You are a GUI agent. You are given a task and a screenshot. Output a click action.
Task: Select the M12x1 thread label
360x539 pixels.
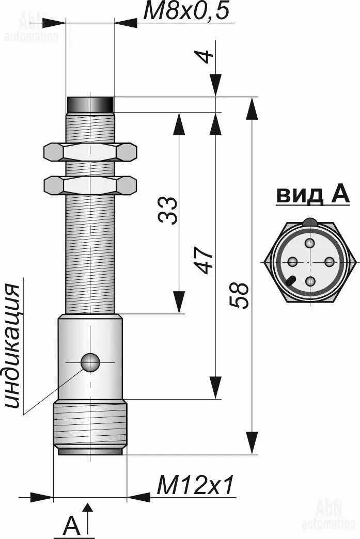195,485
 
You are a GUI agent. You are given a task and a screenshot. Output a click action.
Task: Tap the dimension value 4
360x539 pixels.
205,56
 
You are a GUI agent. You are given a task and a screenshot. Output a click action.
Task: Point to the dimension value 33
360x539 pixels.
168,210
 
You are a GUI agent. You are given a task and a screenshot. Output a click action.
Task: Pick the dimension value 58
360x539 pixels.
238,295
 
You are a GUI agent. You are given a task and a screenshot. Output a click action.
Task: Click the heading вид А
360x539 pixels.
313,195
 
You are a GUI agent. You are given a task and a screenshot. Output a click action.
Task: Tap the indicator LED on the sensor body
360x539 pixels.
90,362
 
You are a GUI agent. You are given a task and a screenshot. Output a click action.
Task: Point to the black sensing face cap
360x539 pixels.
90,104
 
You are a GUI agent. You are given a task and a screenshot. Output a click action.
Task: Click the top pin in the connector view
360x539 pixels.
310,243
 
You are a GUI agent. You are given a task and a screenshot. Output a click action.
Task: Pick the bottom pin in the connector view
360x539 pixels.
310,281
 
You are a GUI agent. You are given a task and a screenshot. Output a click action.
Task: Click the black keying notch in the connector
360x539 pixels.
290,280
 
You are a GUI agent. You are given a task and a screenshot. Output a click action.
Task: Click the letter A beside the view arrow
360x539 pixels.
71,525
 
